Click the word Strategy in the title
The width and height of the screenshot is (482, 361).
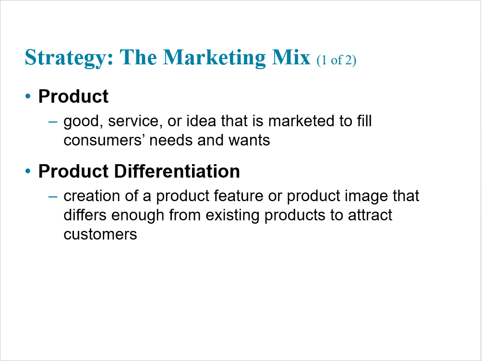[x=69, y=58]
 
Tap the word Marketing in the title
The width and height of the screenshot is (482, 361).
[x=214, y=58]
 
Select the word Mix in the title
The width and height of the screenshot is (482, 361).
[x=291, y=57]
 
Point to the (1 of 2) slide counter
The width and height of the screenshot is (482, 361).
[x=336, y=60]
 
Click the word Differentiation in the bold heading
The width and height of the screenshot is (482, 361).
[x=177, y=171]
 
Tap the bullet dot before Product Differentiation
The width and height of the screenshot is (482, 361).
[x=28, y=171]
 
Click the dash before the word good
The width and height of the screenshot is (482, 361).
[x=53, y=122]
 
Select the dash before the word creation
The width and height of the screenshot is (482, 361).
[x=53, y=196]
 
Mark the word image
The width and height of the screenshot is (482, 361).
[x=366, y=197]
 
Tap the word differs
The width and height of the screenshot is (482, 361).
[x=85, y=215]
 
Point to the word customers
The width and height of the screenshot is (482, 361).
[x=100, y=235]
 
